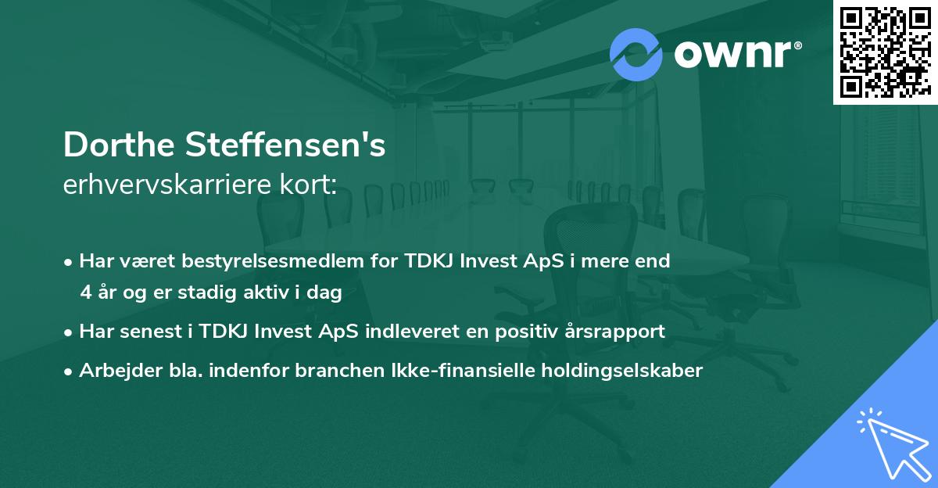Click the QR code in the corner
pyautogui.click(x=885, y=52)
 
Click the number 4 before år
pyautogui.click(x=85, y=293)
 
